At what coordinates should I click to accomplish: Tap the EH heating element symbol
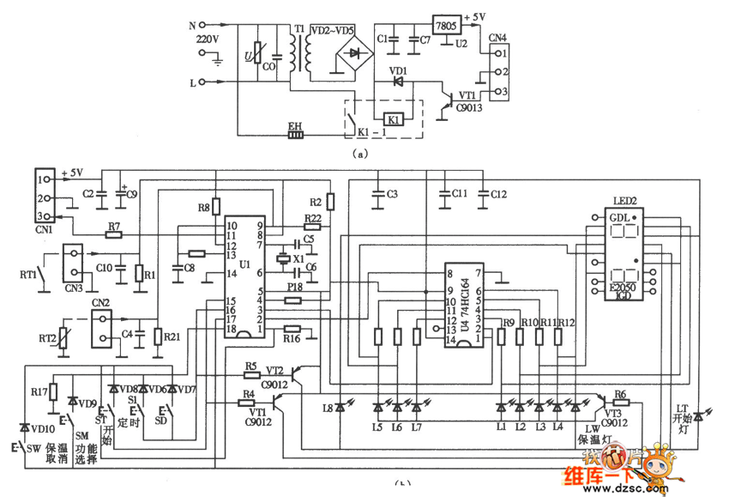coord(295,134)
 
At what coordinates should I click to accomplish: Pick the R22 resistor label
coord(312,219)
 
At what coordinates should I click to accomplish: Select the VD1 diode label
coord(398,70)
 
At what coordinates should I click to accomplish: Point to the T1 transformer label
coord(298,28)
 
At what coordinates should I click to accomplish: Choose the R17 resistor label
coord(38,391)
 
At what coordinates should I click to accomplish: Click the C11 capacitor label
coord(459,194)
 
